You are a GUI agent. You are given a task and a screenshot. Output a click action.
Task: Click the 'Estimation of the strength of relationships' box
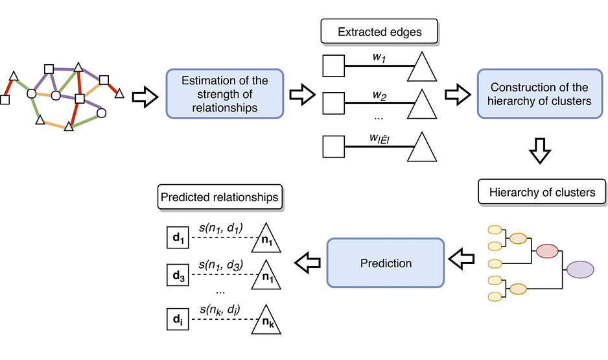225,93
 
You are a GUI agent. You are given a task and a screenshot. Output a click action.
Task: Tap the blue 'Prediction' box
386,263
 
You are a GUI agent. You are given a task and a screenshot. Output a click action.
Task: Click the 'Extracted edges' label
379,31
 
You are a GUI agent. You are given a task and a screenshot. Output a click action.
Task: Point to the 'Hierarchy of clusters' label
542,193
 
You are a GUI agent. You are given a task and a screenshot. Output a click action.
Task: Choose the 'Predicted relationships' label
220,197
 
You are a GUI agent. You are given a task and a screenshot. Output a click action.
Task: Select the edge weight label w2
379,96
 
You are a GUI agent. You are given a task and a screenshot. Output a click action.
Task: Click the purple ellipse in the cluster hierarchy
580,269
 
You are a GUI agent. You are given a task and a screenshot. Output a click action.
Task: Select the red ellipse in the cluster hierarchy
547,251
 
